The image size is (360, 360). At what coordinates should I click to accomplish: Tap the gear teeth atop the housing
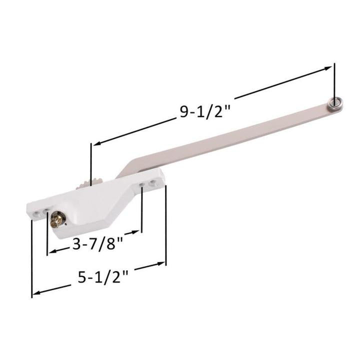click(85, 182)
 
